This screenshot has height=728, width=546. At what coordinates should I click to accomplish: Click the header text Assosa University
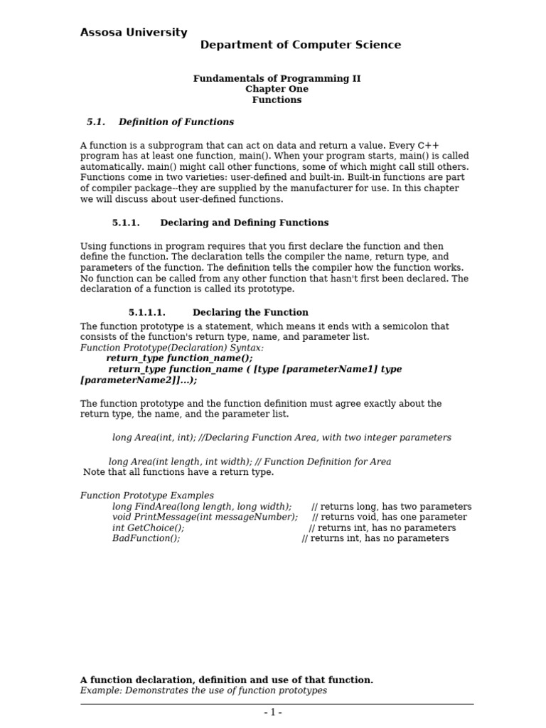134,33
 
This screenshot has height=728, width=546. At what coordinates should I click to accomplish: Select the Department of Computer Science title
300,45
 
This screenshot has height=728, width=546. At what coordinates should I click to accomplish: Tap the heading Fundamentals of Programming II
277,79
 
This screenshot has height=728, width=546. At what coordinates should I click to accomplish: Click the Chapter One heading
277,90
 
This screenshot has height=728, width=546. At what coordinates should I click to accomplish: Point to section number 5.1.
95,122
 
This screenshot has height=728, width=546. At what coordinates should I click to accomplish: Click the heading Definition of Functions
176,122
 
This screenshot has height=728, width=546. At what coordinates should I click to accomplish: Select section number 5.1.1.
126,223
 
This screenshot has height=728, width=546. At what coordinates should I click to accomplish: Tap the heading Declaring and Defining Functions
244,223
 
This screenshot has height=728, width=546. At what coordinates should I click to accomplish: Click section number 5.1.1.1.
146,313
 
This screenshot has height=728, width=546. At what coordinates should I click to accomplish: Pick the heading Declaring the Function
250,313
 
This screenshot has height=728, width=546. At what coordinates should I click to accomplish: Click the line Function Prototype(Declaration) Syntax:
171,348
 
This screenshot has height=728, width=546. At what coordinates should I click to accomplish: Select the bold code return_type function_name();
179,359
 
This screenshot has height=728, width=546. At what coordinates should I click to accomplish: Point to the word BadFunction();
146,539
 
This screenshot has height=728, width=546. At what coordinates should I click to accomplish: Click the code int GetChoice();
148,528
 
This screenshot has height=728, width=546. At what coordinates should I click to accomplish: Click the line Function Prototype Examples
146,496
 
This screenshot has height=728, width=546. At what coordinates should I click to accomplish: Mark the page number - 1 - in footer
273,713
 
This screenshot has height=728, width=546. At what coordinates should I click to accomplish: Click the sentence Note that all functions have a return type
178,473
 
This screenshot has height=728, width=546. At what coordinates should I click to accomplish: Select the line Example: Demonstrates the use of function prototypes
203,691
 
